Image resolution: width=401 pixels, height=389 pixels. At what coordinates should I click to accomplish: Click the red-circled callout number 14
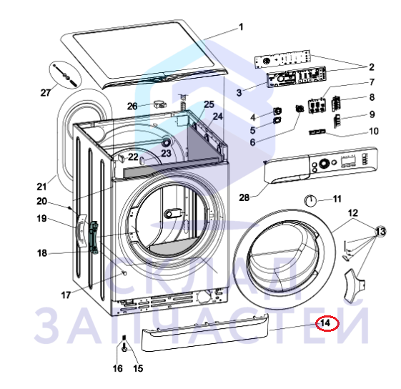click(325, 323)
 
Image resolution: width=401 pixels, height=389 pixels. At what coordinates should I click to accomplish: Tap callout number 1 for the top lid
click(241, 27)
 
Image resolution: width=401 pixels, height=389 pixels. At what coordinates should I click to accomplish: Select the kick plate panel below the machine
click(205, 332)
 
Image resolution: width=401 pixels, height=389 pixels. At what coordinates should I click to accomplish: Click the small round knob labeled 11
click(310, 200)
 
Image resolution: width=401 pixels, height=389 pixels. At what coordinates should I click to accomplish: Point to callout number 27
click(46, 92)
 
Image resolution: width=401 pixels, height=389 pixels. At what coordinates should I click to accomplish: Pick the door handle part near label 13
click(354, 285)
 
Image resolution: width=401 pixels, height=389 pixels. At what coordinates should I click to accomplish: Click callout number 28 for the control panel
click(244, 197)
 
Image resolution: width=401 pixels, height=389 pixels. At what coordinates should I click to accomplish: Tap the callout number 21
click(41, 187)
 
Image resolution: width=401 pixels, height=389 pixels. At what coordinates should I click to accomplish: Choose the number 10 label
click(374, 131)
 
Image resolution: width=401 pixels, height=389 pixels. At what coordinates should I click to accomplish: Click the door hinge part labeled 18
click(94, 237)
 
